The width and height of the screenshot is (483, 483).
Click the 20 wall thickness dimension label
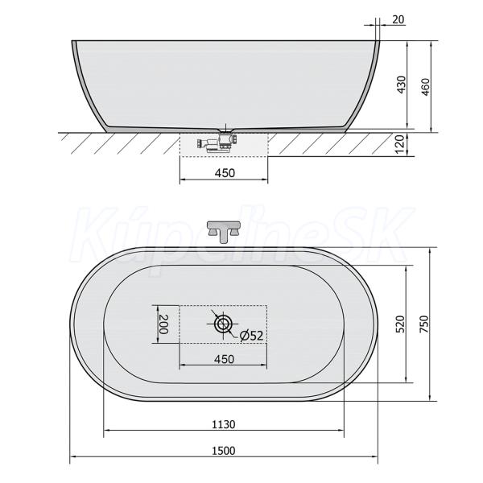(x=398, y=19)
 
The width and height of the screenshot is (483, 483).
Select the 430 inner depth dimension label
(x=402, y=85)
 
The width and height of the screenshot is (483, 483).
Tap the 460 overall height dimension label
(x=425, y=87)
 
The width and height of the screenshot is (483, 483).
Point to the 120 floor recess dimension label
(x=399, y=145)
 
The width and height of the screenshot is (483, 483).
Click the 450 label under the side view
(x=225, y=173)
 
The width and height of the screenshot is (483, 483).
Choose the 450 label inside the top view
(x=224, y=359)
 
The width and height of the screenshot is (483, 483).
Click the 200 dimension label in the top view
(x=163, y=324)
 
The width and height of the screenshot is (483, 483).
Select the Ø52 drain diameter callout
(x=251, y=335)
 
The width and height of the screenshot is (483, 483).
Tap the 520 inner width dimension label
(x=401, y=324)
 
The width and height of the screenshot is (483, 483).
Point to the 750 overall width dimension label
(x=424, y=324)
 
